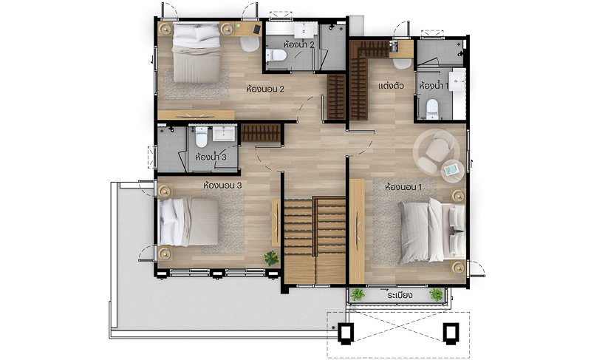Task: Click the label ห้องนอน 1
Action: click(x=403, y=187)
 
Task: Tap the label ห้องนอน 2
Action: click(x=264, y=89)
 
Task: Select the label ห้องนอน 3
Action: click(x=222, y=186)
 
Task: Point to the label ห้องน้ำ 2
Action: click(x=299, y=44)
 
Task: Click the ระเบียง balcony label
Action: click(x=400, y=295)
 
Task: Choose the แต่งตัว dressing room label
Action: click(x=391, y=86)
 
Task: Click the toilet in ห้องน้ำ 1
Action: click(x=432, y=109)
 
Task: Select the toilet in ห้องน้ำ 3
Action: click(x=202, y=137)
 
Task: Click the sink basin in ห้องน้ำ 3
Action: click(x=224, y=134)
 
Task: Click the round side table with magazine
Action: click(x=453, y=171)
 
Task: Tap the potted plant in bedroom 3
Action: click(x=271, y=259)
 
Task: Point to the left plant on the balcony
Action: click(x=357, y=294)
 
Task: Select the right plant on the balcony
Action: click(x=436, y=294)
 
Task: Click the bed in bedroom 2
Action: click(x=197, y=52)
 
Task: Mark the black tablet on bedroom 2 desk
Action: click(x=256, y=29)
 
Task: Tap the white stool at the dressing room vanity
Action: click(x=402, y=64)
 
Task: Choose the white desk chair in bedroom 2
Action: click(x=250, y=44)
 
